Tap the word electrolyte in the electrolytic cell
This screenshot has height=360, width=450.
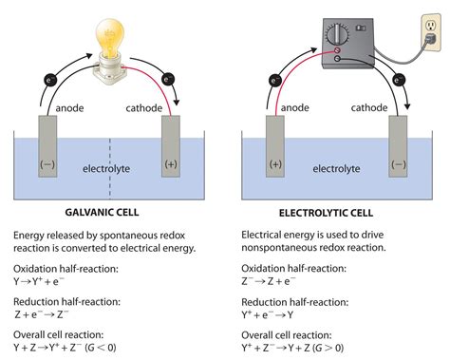click(338, 169)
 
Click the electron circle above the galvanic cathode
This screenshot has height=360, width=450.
click(169, 81)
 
